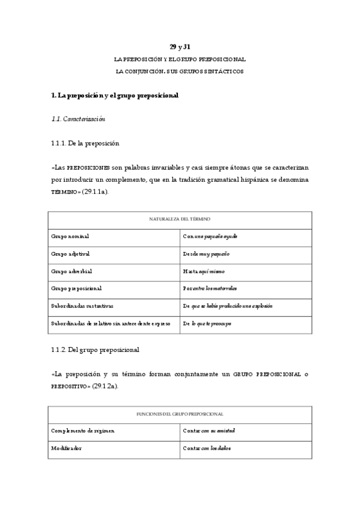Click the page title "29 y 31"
180,47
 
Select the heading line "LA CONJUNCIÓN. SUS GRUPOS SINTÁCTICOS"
180,72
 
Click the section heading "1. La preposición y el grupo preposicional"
115,96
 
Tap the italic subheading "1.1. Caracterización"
79,119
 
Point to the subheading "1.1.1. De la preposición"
85,143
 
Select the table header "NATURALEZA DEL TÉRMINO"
180,220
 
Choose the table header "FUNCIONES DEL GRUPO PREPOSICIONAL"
180,414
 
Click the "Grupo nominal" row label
70,236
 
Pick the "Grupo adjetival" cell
72,254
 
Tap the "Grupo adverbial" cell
72,271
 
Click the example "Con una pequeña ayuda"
210,236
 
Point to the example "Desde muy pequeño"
206,254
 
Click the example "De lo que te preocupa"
207,324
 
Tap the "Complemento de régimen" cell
82,431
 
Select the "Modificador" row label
67,448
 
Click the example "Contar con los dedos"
207,448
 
